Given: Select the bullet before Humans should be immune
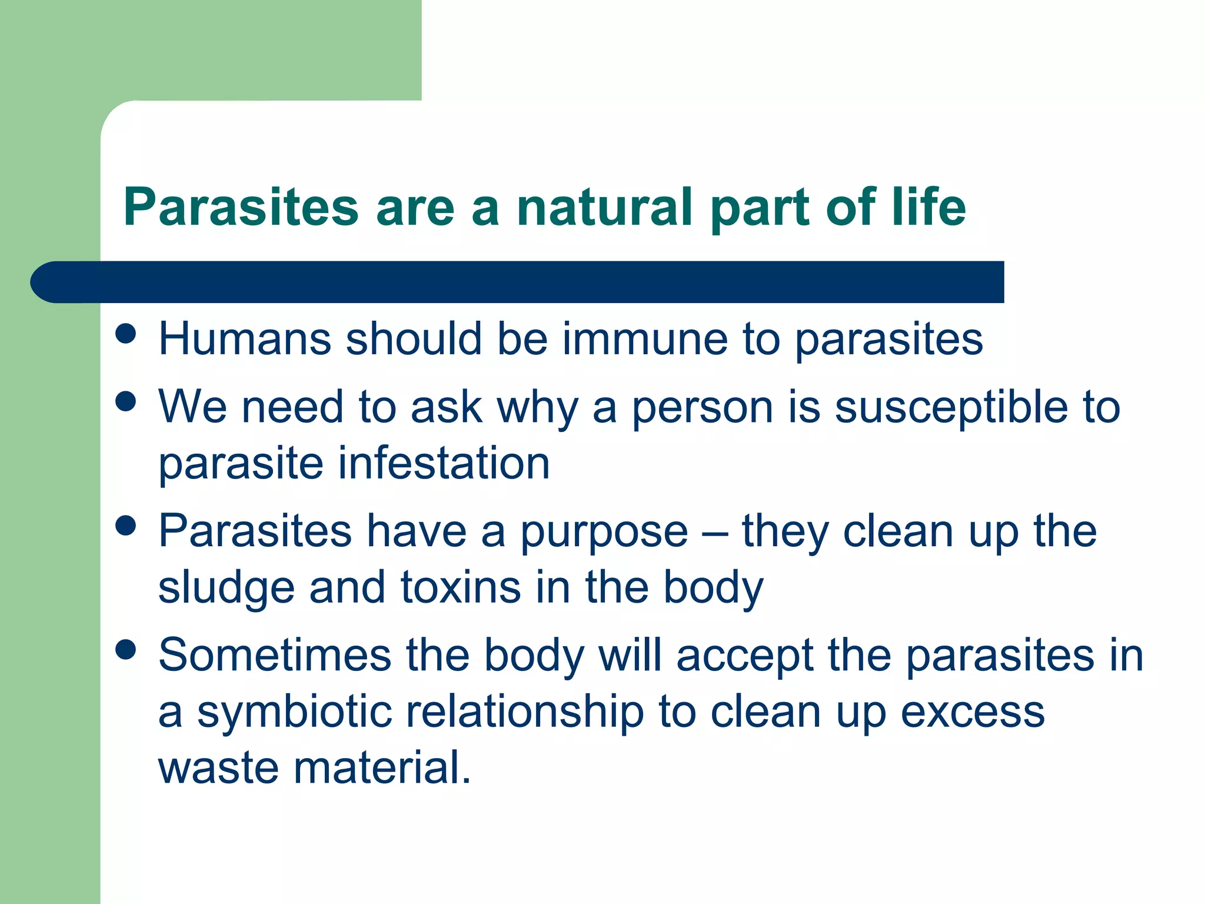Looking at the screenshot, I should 126,334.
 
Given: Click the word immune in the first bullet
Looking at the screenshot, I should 645,340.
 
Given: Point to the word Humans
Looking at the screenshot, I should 245,340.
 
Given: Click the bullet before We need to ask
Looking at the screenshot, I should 126,402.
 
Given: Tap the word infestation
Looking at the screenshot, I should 444,464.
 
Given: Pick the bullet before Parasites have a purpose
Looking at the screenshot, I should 126,525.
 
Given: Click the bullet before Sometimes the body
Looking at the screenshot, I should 126,650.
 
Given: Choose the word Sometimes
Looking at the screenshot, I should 275,656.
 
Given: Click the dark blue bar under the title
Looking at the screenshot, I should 518,282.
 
